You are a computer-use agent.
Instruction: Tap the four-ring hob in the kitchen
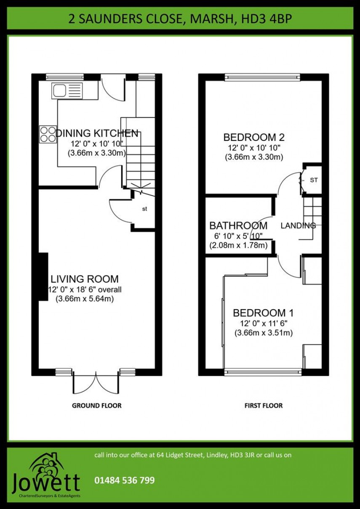[x=48, y=135]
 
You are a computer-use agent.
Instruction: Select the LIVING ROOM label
[x=85, y=279]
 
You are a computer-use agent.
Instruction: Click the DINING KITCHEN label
[x=97, y=133]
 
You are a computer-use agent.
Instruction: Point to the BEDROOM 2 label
[x=253, y=137]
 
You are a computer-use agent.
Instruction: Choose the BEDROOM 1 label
[x=263, y=313]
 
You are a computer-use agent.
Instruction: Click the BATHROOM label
[x=238, y=225]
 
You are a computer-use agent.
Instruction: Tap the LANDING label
[x=298, y=225]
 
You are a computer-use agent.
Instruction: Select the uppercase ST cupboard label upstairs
[x=314, y=180]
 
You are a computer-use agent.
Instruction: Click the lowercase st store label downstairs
[x=144, y=209]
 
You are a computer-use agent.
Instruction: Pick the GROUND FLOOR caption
[x=97, y=406]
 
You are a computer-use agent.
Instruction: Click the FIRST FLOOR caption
[x=264, y=406]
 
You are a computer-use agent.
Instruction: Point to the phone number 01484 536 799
[x=124, y=480]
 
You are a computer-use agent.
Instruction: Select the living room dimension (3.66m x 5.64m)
[x=85, y=299]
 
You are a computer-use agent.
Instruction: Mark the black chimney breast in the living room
[x=43, y=277]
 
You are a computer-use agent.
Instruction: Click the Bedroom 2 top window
[x=262, y=77]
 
